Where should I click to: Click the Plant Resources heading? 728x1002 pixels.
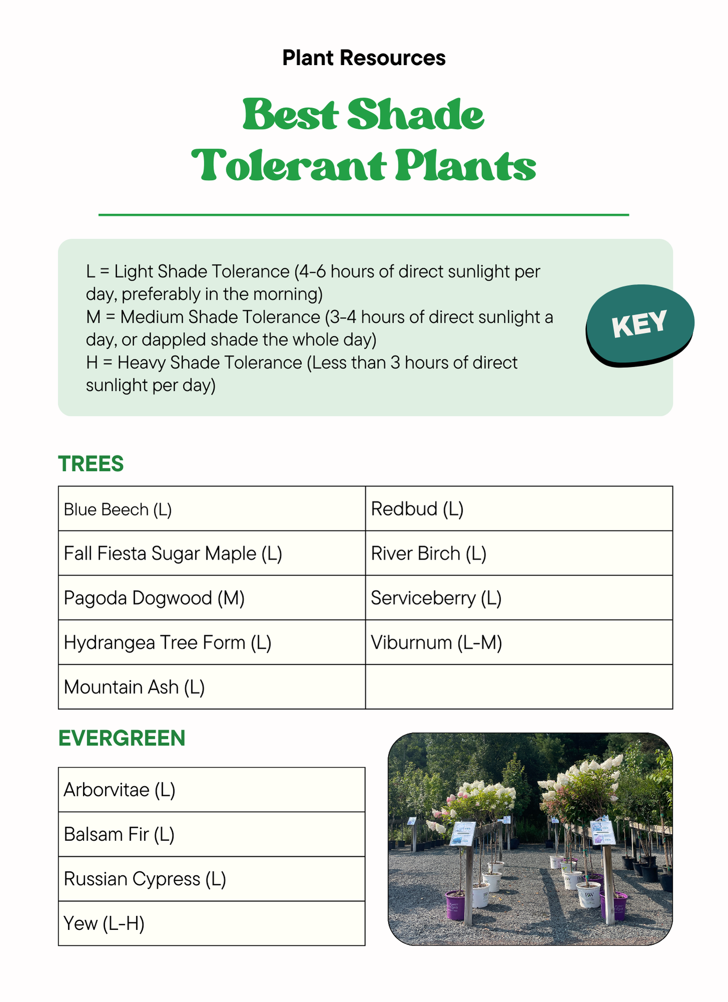point(363,58)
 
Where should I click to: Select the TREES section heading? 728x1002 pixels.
point(91,464)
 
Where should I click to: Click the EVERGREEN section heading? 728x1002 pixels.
point(122,738)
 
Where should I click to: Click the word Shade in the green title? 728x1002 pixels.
point(416,115)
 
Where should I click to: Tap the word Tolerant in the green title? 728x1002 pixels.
point(289,166)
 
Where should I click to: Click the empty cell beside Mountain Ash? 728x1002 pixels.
point(519,687)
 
